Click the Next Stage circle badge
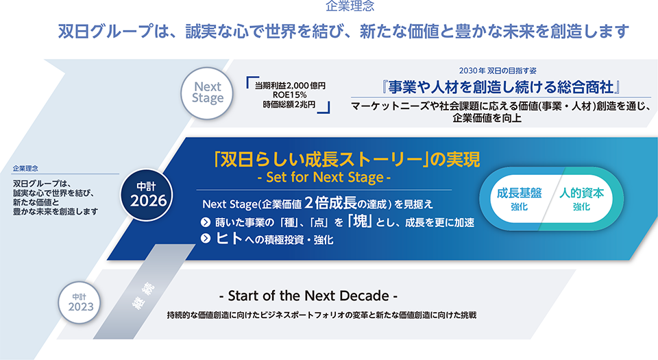point(207,93)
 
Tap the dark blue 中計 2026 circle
point(147,195)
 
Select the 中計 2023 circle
point(80,302)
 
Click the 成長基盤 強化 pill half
point(519,199)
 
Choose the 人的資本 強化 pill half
point(581,199)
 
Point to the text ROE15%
point(289,95)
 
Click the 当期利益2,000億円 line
point(290,86)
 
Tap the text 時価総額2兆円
point(289,104)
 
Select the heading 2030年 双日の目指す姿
point(498,71)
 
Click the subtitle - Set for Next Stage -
point(324,177)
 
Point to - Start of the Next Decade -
point(308,296)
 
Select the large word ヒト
point(230,238)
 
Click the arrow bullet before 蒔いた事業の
point(205,222)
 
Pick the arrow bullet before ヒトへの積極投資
point(205,239)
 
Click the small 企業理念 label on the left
point(25,168)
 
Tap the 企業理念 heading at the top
point(350,6)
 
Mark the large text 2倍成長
point(330,203)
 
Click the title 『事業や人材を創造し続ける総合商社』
point(501,87)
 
